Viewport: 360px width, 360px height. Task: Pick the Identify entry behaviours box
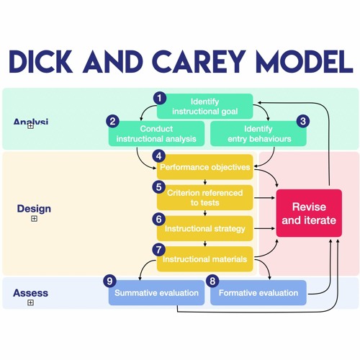(258, 133)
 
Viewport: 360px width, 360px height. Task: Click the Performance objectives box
(204, 167)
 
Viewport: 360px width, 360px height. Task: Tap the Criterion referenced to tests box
(204, 197)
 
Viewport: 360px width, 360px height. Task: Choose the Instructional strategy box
(204, 228)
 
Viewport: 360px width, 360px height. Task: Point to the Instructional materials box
(204, 259)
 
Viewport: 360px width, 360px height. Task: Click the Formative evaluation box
(258, 293)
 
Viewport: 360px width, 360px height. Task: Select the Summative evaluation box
(156, 293)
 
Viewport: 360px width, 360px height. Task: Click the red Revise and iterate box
(309, 215)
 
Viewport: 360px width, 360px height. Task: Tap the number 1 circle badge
(160, 97)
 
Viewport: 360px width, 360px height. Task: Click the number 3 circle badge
(303, 121)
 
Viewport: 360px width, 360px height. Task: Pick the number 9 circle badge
(109, 281)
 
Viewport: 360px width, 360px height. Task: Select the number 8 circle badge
(212, 281)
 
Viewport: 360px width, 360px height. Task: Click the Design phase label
(34, 209)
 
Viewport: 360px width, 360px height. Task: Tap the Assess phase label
(31, 293)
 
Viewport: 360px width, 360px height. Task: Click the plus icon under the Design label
(34, 219)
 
